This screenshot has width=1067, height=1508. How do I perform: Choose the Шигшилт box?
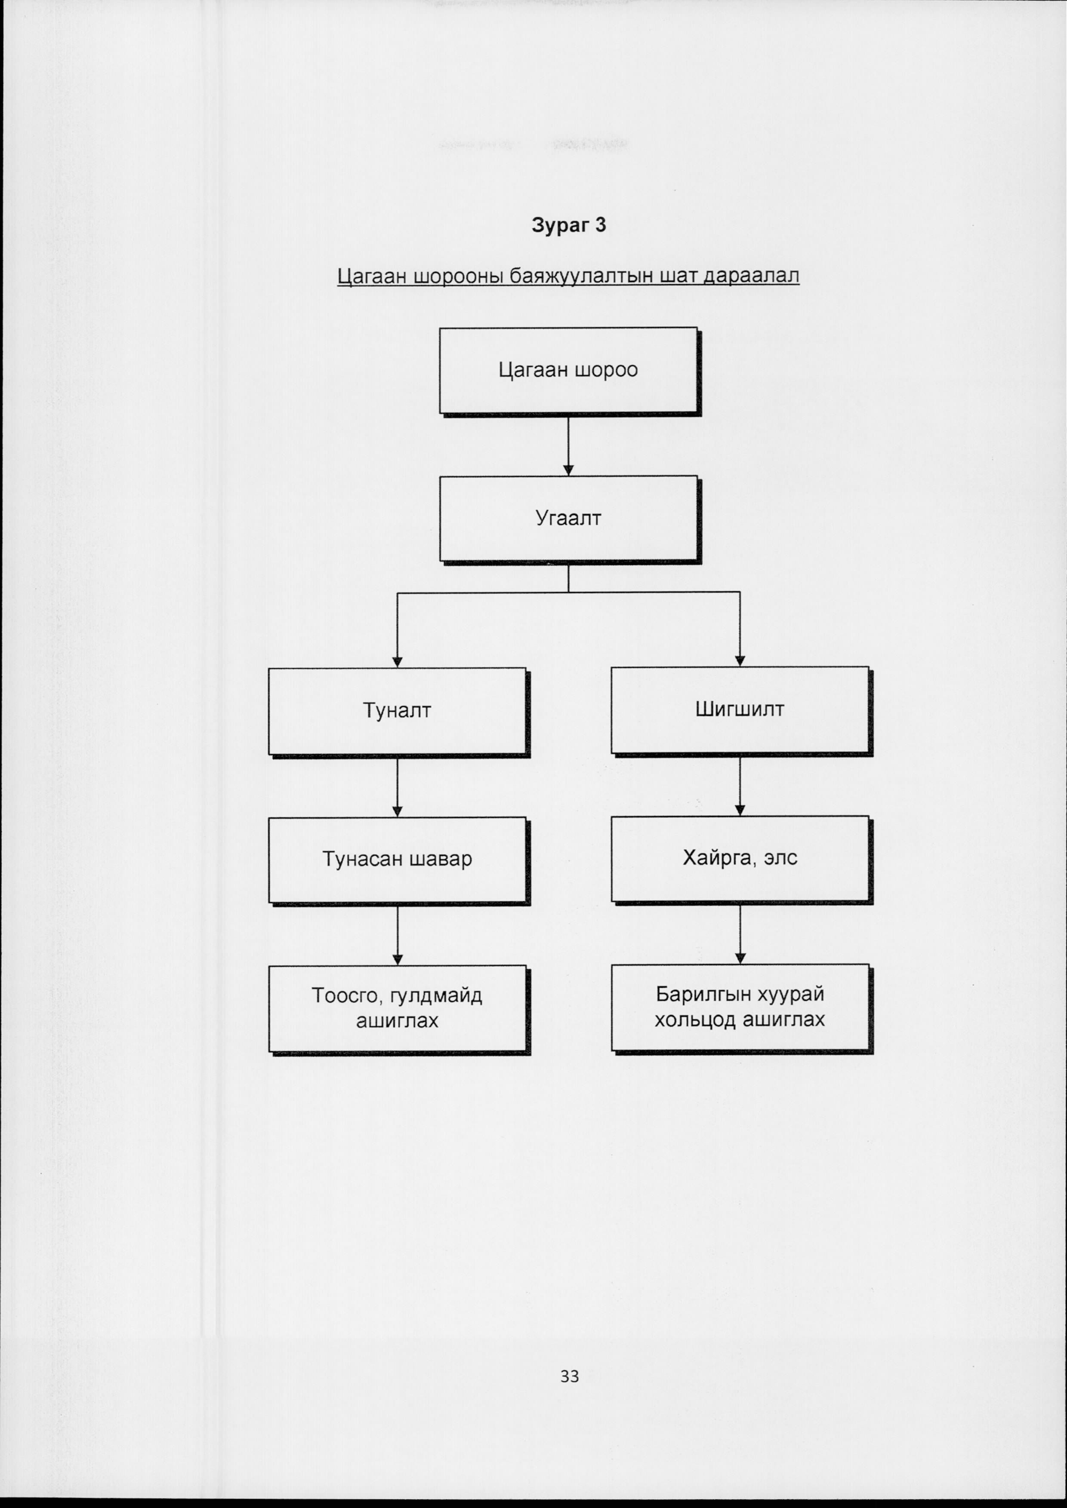(741, 711)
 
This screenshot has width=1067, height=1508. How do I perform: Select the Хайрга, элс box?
(741, 859)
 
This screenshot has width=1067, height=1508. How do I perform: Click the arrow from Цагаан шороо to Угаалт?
(568, 446)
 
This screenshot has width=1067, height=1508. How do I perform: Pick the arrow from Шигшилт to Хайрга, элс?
(740, 786)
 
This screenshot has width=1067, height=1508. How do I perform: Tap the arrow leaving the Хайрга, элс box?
(740, 934)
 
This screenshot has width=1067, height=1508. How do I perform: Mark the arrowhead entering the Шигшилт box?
(740, 661)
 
